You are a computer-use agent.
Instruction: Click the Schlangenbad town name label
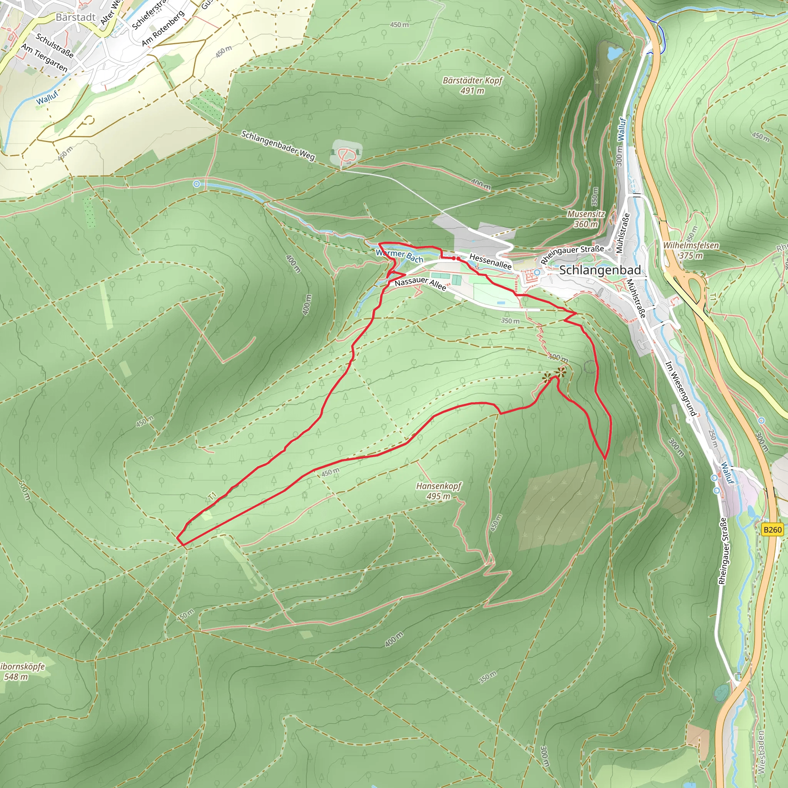coord(600,270)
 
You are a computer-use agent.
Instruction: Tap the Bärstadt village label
coord(75,17)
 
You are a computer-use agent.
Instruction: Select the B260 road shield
coord(773,530)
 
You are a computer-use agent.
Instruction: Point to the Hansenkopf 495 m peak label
coord(439,491)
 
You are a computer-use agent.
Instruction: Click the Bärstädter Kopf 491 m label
coord(473,85)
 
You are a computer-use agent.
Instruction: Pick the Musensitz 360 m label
coord(586,219)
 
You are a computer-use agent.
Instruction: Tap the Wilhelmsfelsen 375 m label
coord(691,250)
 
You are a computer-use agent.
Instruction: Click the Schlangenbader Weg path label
coord(278,145)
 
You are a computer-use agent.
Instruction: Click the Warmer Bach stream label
coord(399,256)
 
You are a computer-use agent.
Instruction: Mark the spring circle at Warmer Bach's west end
coord(197,184)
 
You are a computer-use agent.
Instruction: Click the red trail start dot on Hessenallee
coord(458,259)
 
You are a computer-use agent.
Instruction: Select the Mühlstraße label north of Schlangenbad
coord(623,233)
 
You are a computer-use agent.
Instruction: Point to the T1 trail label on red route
coord(212,496)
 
